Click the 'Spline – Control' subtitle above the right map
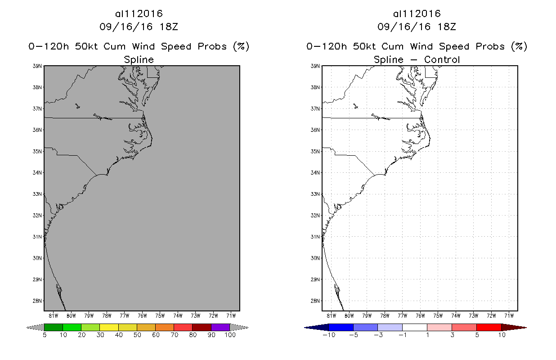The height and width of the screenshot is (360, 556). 417,59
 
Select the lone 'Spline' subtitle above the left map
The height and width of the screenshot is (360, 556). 139,59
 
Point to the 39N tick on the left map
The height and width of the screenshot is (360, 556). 37,66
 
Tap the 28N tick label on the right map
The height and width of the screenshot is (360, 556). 316,301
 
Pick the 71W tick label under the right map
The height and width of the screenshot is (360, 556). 509,315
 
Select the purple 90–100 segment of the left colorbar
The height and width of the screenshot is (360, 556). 220,327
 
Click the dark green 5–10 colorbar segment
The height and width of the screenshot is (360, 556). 54,327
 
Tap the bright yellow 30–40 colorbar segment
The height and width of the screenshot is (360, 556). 109,327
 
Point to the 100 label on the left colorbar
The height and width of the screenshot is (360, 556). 229,335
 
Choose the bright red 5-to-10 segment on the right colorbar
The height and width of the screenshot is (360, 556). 489,327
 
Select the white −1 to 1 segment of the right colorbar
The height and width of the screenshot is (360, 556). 414,327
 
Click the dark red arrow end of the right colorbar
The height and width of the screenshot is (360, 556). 513,327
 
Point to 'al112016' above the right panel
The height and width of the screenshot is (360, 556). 417,14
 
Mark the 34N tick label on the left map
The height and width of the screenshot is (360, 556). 37,172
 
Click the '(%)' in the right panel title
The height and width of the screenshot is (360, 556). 519,46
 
